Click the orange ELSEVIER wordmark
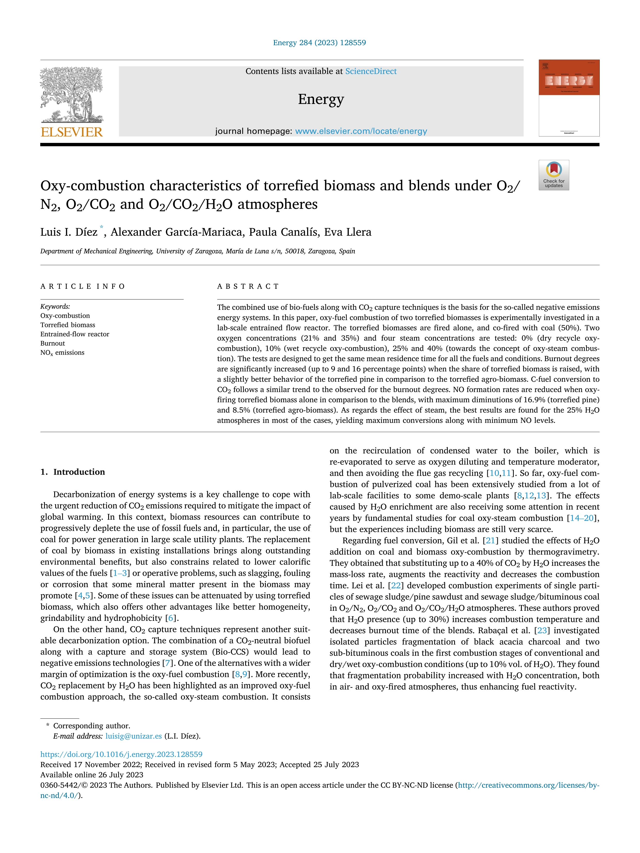(x=72, y=132)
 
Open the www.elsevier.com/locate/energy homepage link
(x=361, y=131)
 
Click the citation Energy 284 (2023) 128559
(x=319, y=43)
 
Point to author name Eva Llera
(x=348, y=232)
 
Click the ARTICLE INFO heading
(x=83, y=286)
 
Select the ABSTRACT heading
(x=248, y=286)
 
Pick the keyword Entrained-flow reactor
(x=75, y=334)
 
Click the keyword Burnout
(x=52, y=343)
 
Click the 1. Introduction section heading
(x=73, y=472)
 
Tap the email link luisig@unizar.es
(x=133, y=736)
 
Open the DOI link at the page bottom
(x=121, y=754)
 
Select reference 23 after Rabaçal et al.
(x=542, y=630)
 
